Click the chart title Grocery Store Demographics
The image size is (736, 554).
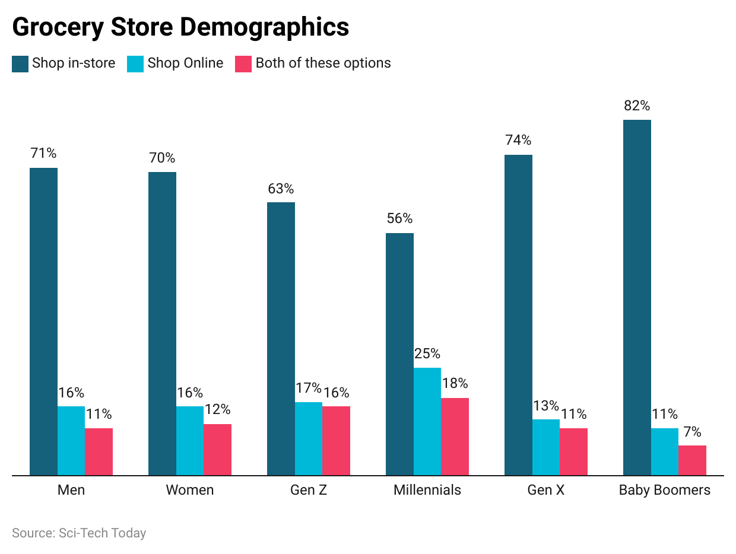tap(180, 27)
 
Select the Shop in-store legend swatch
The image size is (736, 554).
tap(20, 63)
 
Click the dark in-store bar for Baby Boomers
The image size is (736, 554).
tap(637, 297)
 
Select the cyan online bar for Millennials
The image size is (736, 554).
tap(427, 421)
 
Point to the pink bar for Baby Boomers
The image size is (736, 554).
tap(692, 460)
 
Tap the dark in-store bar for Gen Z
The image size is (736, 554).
tap(281, 339)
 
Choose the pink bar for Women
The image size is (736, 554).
tap(217, 450)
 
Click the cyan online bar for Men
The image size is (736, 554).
tap(71, 441)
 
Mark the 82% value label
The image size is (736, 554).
tap(637, 106)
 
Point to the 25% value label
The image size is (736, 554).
tap(427, 354)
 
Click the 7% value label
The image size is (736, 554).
tap(692, 432)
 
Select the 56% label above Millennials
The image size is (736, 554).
tap(399, 219)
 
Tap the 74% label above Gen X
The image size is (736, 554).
tap(518, 141)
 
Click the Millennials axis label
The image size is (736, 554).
tap(427, 491)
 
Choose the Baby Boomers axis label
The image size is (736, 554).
tap(665, 491)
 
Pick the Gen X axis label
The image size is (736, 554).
tap(546, 491)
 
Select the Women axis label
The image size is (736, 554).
tap(190, 491)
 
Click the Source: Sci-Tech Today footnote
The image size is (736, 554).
tap(79, 533)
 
